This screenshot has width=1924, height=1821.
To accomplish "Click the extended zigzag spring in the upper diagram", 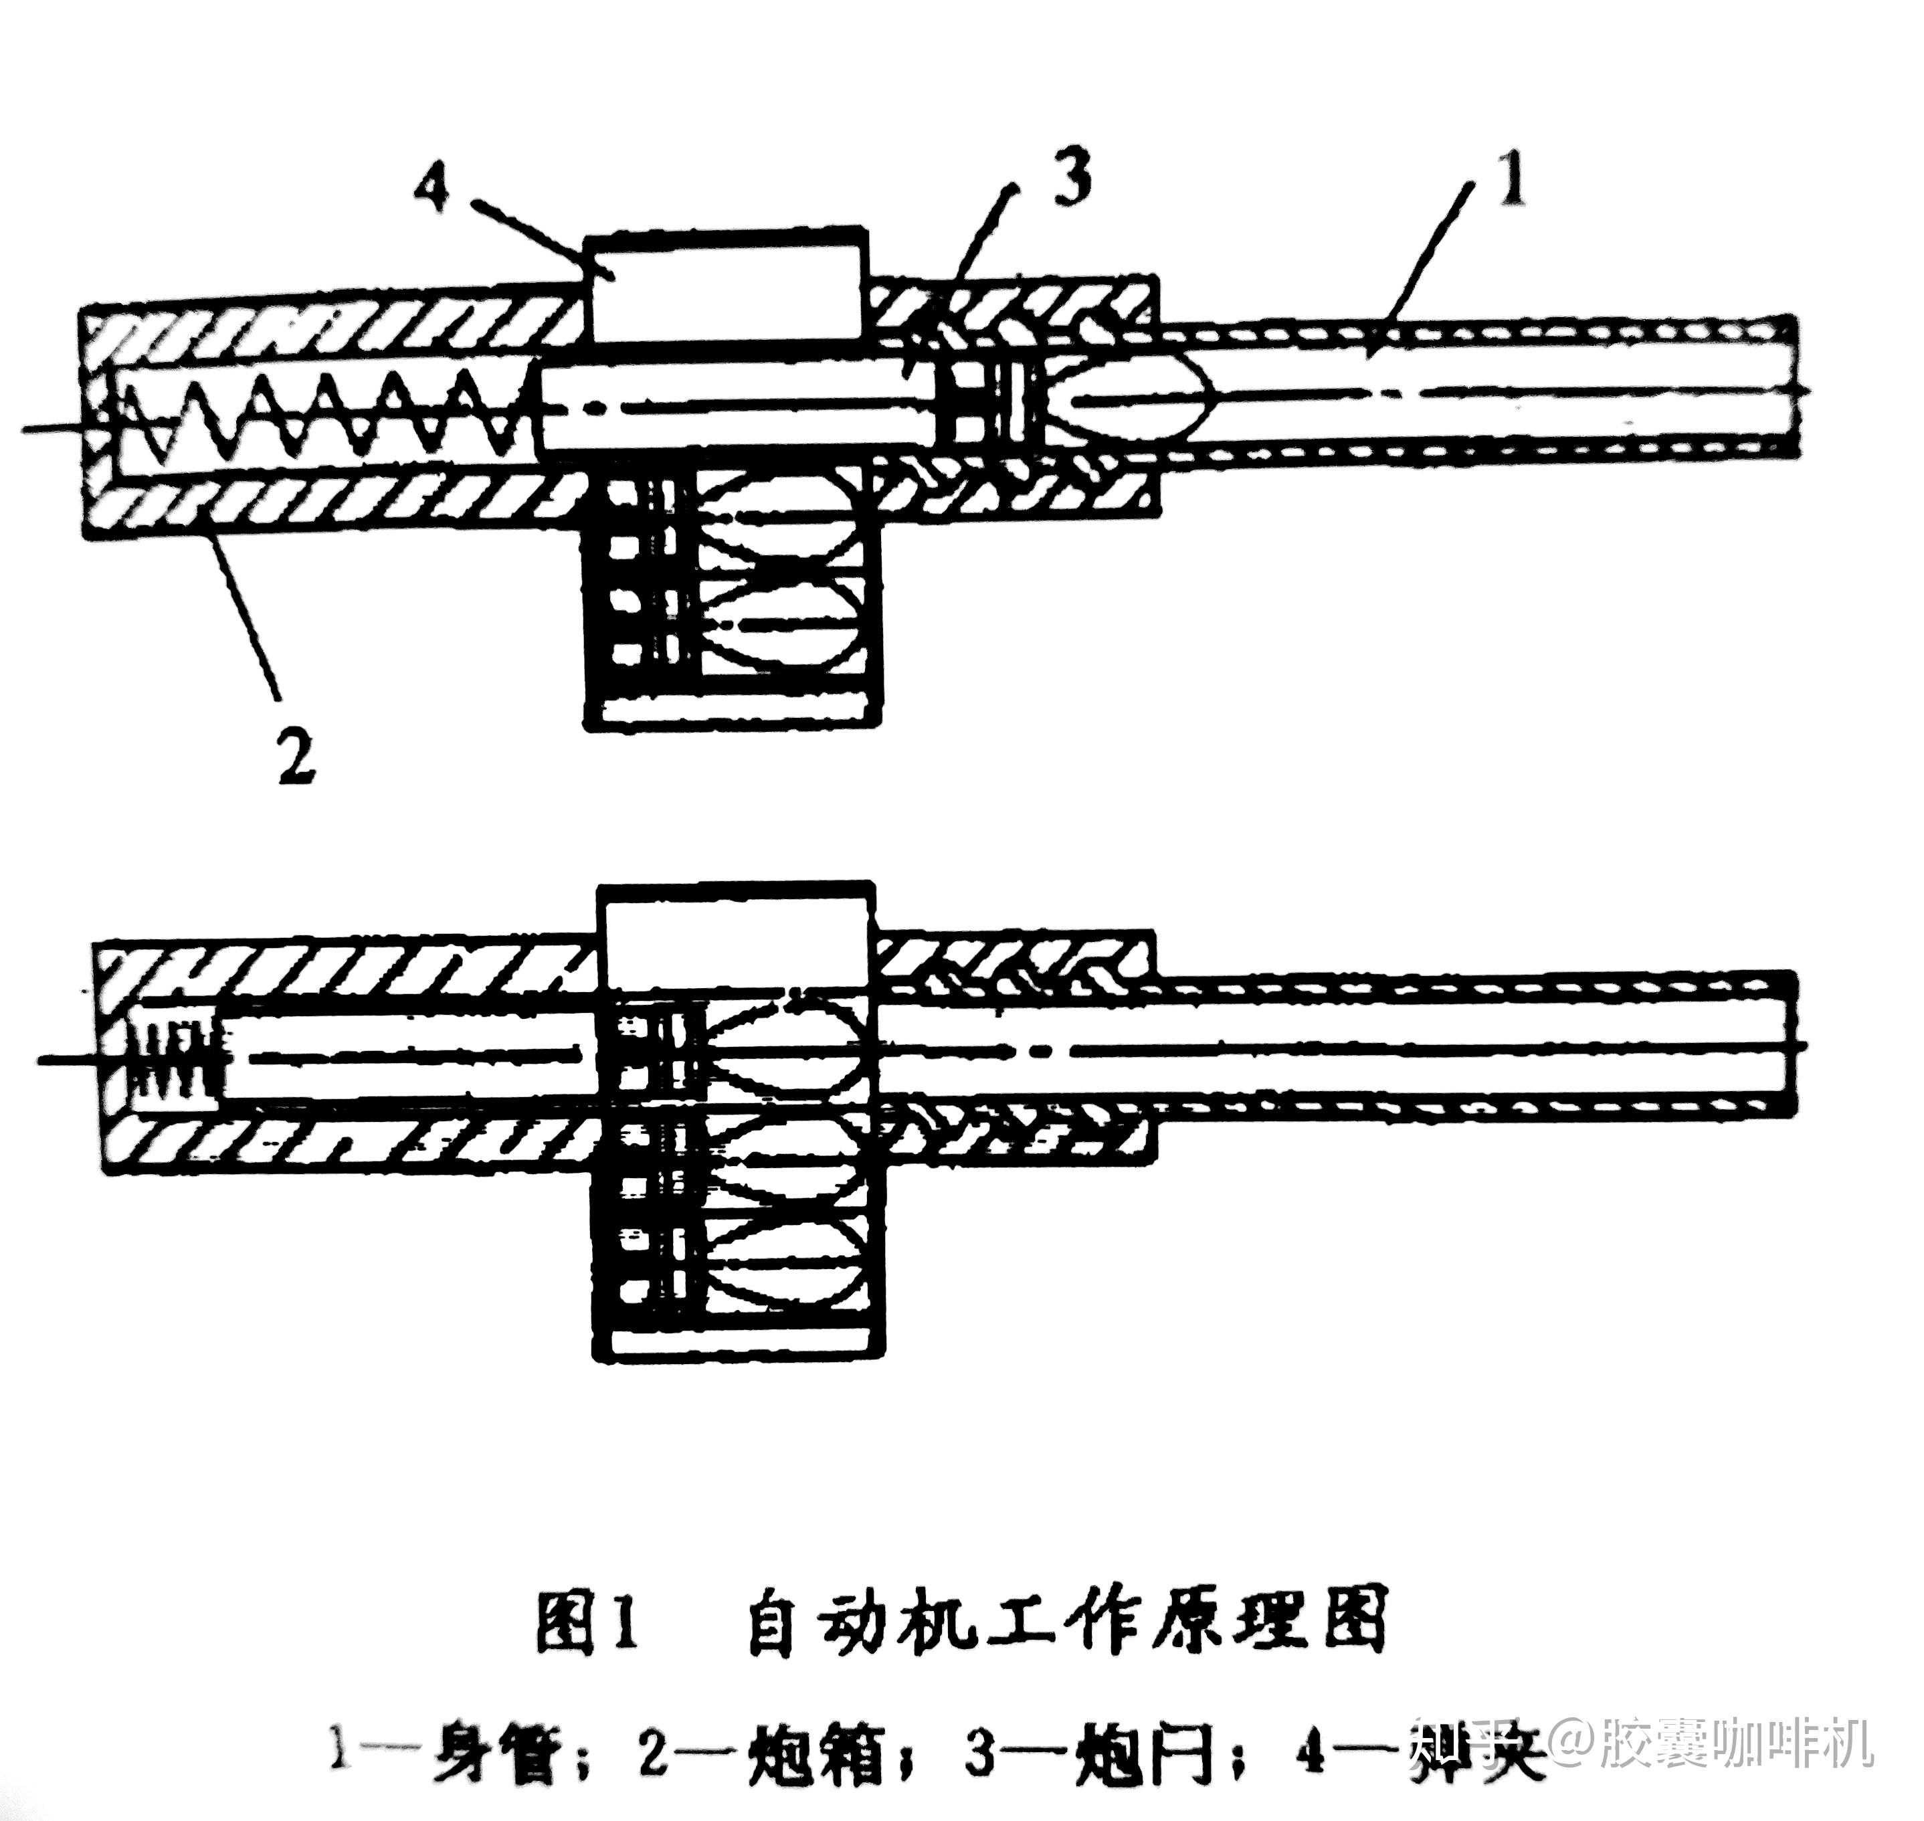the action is (x=320, y=415).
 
